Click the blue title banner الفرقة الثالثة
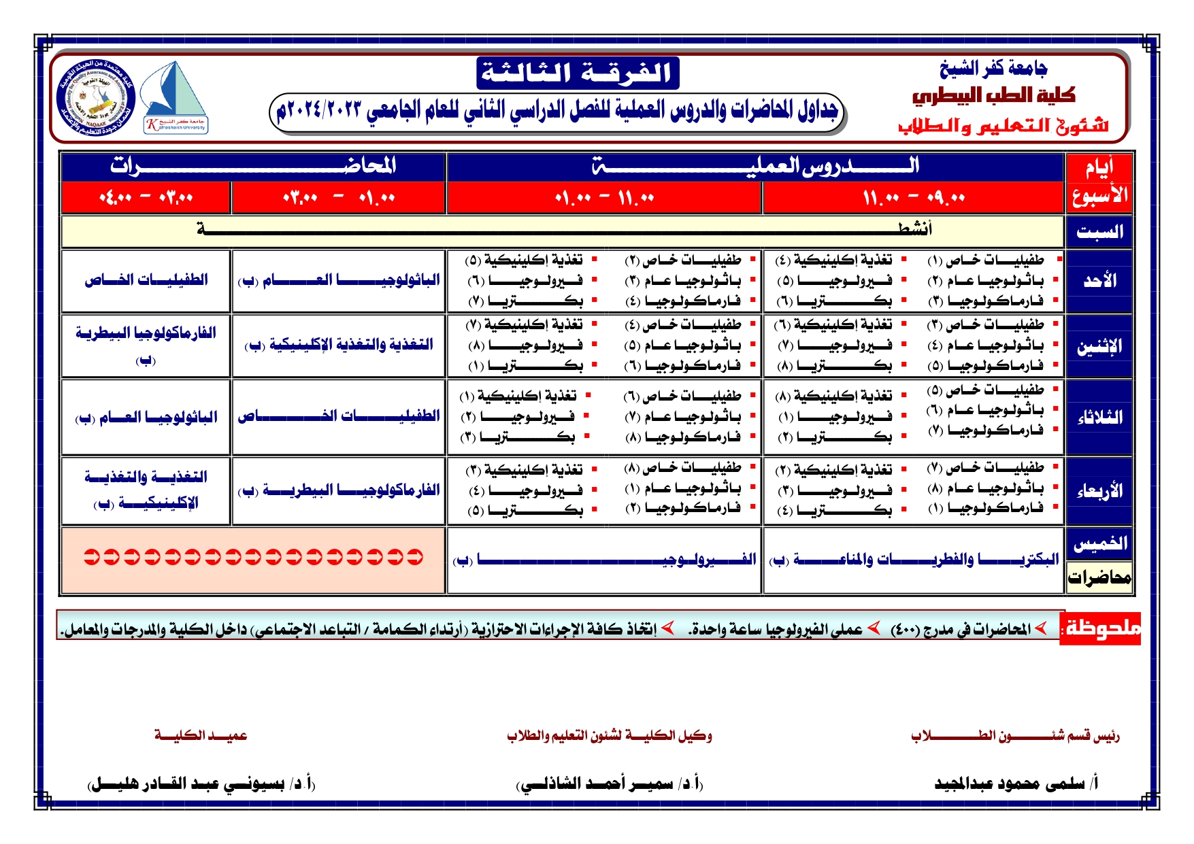[x=577, y=73]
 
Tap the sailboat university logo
[x=176, y=97]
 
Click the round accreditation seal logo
[x=96, y=97]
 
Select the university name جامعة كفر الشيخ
[x=993, y=68]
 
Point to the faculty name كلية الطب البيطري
[x=993, y=95]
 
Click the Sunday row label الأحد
[x=1099, y=280]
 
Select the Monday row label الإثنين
[x=1099, y=346]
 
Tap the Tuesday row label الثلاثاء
[x=1099, y=417]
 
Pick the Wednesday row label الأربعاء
[x=1099, y=490]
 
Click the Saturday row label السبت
[x=1099, y=232]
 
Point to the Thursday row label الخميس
[x=1099, y=543]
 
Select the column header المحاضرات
[x=253, y=166]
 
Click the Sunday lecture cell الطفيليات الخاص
[x=146, y=280]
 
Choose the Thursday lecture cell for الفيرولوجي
[x=603, y=560]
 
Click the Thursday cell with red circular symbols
[x=253, y=558]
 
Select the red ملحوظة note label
[x=1101, y=628]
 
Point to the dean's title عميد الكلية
[x=201, y=735]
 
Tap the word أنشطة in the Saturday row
[x=914, y=229]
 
